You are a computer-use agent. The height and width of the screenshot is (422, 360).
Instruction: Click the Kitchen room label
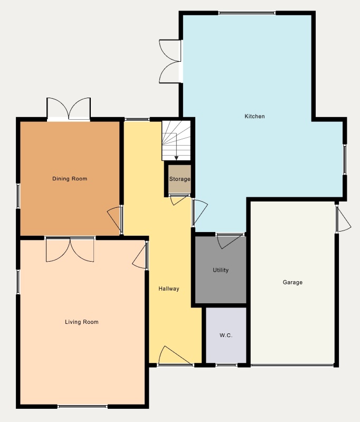point(254,116)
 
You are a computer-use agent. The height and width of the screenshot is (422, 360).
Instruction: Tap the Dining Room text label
point(70,179)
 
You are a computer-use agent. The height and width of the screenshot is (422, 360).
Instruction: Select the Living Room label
point(82,322)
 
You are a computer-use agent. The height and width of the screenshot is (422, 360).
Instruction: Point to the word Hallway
point(169,289)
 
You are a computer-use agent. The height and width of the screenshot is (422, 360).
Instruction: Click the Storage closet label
point(179,179)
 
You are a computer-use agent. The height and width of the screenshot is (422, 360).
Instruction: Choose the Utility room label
point(221,270)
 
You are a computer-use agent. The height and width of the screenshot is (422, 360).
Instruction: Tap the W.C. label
point(226,335)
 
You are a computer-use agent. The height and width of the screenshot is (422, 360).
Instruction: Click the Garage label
point(292,282)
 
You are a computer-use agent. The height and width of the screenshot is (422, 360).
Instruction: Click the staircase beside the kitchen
point(176,140)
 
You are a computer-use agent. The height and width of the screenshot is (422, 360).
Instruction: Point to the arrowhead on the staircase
point(176,158)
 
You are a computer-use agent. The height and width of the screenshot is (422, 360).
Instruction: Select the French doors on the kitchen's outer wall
point(170,61)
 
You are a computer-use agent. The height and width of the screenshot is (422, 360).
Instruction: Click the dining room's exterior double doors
point(69,109)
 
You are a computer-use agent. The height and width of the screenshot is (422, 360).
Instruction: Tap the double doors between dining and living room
point(70,249)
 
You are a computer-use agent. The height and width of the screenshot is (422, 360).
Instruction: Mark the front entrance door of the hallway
point(175,356)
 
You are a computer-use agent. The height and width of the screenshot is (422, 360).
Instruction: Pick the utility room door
point(230,241)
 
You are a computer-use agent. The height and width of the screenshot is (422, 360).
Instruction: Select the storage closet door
point(179,199)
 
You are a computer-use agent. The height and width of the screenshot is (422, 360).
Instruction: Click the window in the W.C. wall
point(226,365)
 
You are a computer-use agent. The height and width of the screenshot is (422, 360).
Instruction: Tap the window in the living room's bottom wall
point(83,406)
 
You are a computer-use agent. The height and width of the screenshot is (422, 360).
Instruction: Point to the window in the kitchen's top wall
point(247,13)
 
